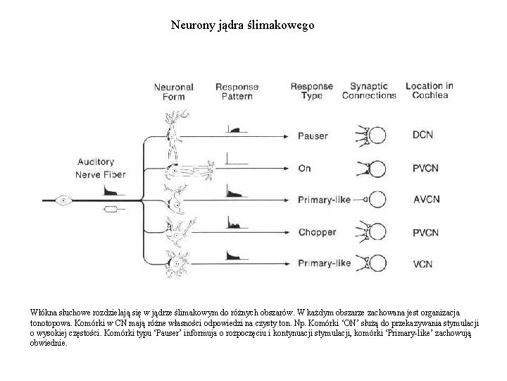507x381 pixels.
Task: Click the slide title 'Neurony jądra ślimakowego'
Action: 243,25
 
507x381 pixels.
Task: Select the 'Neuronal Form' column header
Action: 174,92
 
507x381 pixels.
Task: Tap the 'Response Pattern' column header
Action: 237,92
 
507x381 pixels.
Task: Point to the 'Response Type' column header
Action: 311,92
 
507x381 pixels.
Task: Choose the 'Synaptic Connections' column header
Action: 369,91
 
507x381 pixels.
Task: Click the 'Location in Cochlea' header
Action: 429,91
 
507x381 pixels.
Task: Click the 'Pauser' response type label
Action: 313,135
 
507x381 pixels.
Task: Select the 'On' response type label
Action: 304,169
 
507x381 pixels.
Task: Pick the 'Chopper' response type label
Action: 317,232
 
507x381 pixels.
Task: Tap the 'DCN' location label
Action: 423,135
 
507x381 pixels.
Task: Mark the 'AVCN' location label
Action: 426,200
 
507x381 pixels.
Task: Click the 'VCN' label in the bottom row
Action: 423,265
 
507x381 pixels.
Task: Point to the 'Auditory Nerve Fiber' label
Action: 100,168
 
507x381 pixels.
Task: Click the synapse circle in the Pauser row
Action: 377,135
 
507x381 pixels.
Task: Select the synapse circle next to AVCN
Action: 377,200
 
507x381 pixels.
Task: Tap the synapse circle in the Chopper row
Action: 377,232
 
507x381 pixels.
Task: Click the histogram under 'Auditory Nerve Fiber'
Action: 113,190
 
